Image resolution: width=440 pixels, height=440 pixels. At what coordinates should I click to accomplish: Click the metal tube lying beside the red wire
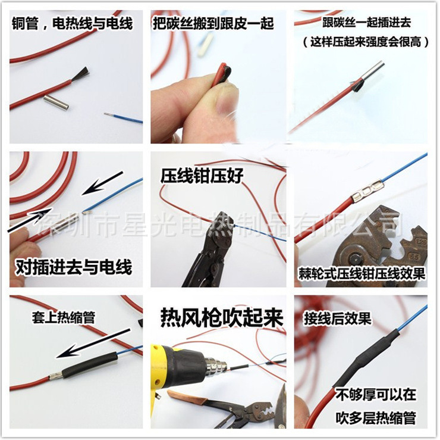pos(56,102)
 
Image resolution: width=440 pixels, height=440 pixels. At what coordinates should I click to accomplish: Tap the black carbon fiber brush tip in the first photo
pos(80,74)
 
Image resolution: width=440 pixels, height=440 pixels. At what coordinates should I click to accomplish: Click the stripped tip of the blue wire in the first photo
pos(109,115)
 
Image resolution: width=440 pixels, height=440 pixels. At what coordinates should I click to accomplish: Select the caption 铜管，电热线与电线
pos(72,23)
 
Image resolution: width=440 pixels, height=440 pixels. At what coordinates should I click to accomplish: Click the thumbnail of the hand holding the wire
pos(218,77)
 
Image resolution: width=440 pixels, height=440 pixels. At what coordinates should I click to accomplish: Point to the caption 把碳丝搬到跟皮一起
pos(213,23)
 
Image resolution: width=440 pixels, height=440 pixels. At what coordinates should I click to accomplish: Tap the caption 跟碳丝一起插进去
pos(366,23)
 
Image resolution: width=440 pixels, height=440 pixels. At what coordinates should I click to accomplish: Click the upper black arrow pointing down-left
pos(102,183)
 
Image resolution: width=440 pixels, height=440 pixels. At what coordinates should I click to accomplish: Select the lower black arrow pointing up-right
pos(30,220)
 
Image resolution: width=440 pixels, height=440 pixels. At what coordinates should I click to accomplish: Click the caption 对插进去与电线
pos(74,267)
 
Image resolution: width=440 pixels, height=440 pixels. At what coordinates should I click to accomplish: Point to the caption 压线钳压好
pos(202,176)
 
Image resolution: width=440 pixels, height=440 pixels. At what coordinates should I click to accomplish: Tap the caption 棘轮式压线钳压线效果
pos(362,274)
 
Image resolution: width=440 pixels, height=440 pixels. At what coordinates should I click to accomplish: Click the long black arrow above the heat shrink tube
pos(93,344)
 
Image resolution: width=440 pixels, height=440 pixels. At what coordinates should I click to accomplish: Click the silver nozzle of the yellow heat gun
pos(215,366)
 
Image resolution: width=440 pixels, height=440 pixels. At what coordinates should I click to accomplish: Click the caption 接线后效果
pos(338,319)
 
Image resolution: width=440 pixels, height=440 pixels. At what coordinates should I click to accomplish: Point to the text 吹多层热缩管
pos(376,418)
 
